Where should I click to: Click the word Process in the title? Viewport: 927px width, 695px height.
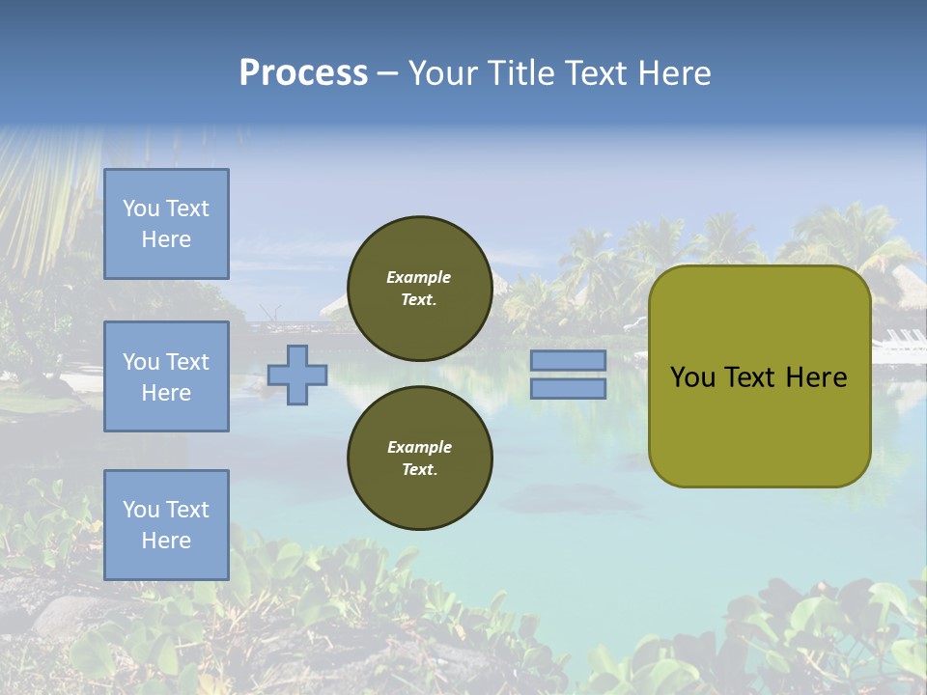click(303, 73)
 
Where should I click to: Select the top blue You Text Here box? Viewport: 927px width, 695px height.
click(166, 224)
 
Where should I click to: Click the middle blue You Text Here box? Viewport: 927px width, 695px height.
click(166, 376)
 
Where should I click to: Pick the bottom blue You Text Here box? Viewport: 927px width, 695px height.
click(166, 525)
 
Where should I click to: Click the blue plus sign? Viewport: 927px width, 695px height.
click(297, 375)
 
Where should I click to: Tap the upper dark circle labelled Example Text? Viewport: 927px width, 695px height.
click(419, 288)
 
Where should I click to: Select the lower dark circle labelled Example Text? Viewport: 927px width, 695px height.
click(419, 458)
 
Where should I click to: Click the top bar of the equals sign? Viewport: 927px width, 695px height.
click(568, 360)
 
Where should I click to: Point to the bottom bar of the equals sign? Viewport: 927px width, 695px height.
click(568, 388)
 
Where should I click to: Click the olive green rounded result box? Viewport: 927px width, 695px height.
click(759, 425)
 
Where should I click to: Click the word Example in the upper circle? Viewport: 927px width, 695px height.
click(419, 277)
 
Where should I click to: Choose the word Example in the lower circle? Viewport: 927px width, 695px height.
click(419, 447)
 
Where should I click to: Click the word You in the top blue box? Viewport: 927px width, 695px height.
click(141, 208)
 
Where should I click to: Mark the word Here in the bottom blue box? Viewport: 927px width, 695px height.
click(166, 541)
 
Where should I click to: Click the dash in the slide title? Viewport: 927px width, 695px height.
click(388, 74)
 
